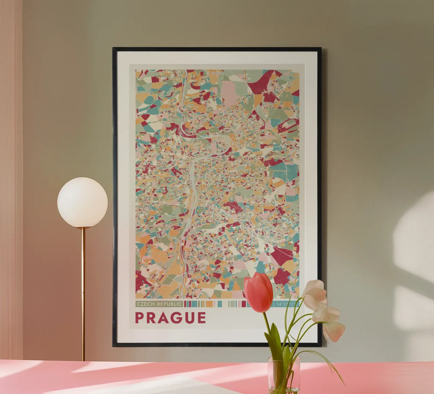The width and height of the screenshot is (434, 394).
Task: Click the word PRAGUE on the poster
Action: (170, 317)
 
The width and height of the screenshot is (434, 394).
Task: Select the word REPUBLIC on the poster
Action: (170, 304)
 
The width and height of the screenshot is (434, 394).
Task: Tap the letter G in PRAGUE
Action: (176, 317)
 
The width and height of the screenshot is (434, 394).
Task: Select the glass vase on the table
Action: (284, 376)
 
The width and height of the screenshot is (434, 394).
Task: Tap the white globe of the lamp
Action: (82, 202)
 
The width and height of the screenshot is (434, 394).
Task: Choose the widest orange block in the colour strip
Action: (209, 304)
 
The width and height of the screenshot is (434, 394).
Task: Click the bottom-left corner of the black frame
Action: (113, 346)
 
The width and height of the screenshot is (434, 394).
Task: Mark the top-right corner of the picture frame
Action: (320, 49)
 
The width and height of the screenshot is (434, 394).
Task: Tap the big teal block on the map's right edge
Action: (284, 171)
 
